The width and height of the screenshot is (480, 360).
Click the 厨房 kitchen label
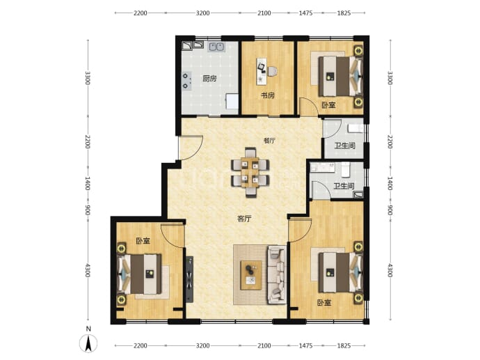[x=209, y=79]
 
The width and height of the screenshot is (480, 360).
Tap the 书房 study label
[x=268, y=95]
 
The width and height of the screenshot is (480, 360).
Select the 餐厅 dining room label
[x=270, y=141]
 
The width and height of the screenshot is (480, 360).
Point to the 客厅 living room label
[x=245, y=219]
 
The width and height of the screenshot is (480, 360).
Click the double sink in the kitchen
[x=217, y=47]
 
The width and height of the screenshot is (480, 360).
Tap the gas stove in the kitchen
[x=186, y=81]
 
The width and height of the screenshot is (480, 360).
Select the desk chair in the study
[x=272, y=72]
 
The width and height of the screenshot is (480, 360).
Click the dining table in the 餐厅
[x=250, y=172]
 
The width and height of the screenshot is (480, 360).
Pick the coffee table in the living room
[x=251, y=275]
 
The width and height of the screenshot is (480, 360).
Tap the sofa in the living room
[x=277, y=274]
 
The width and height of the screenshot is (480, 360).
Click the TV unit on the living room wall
[x=189, y=279]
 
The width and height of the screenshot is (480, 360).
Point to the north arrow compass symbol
[x=88, y=343]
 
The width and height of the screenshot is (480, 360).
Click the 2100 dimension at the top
[x=264, y=13]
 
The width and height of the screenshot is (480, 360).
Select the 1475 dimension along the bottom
[x=305, y=345]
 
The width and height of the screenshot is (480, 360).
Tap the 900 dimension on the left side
[x=87, y=210]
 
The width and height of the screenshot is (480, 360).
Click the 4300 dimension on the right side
[x=390, y=270]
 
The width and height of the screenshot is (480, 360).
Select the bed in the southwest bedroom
[x=140, y=274]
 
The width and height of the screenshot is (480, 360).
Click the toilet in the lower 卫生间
[x=345, y=169]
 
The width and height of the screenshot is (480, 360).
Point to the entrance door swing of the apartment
[x=191, y=148]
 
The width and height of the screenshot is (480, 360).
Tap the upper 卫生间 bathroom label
[x=344, y=146]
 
